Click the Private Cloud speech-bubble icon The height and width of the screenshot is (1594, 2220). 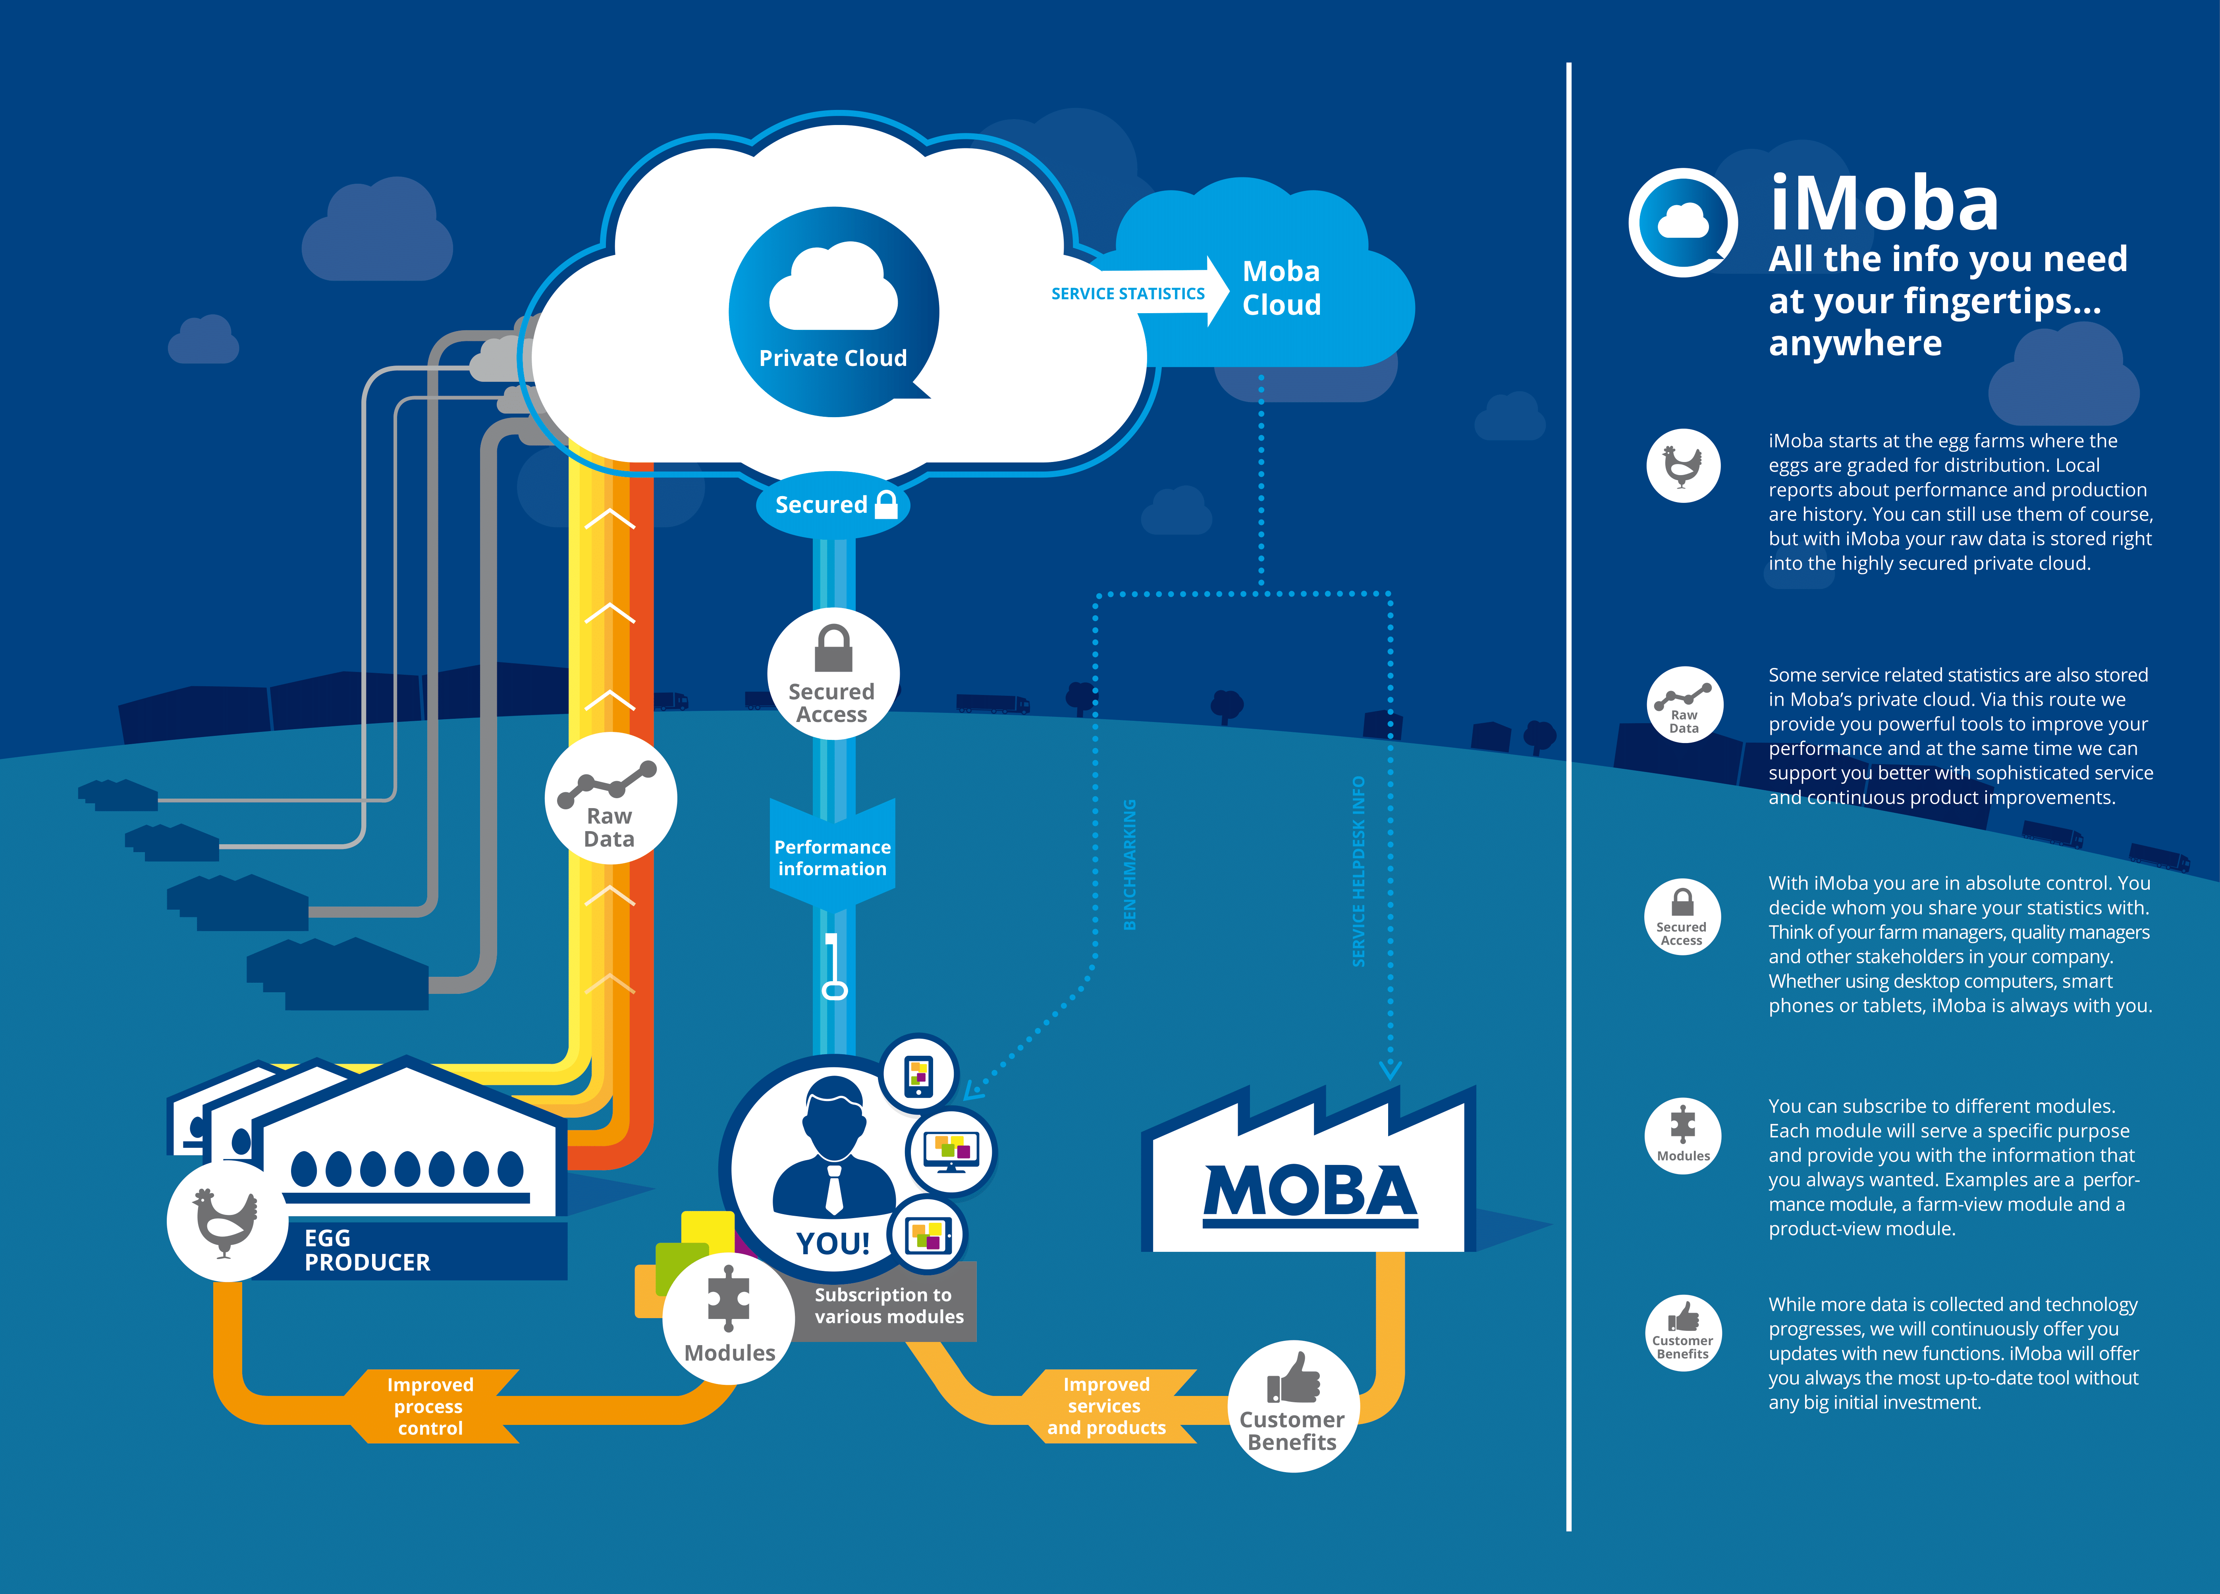pos(833,311)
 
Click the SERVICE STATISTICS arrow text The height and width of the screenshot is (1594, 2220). pos(1128,294)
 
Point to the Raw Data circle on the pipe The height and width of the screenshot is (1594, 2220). pos(610,799)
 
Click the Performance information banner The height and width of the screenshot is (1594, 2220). pos(832,857)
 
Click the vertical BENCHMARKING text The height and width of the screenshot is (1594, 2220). pos(1130,864)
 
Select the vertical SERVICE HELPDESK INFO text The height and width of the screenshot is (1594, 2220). pos(1359,871)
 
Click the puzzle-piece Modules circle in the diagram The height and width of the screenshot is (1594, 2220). pos(729,1318)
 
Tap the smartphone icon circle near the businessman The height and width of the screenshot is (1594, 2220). pos(918,1074)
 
